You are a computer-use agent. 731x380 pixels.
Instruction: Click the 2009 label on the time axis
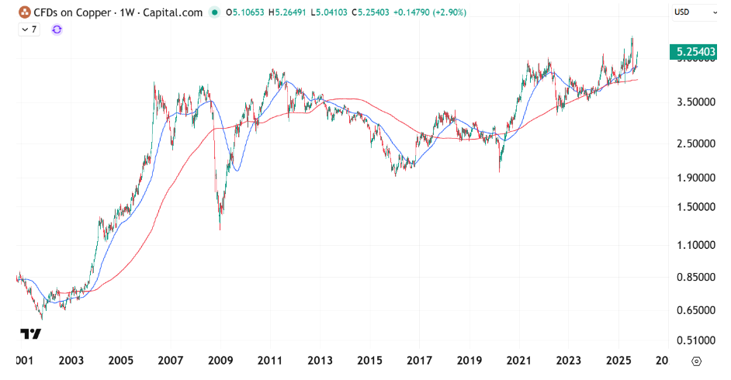pyautogui.click(x=221, y=361)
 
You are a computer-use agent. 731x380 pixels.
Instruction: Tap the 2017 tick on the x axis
pyautogui.click(x=419, y=361)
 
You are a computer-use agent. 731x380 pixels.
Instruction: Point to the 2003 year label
pyautogui.click(x=71, y=361)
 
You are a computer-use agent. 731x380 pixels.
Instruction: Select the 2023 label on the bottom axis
pyautogui.click(x=568, y=361)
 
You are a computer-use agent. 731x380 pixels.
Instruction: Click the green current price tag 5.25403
pyautogui.click(x=695, y=52)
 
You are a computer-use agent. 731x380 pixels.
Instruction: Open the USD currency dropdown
pyautogui.click(x=695, y=12)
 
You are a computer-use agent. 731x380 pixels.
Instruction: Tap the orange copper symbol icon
pyautogui.click(x=25, y=12)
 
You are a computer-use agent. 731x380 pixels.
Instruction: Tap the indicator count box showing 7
pyautogui.click(x=30, y=29)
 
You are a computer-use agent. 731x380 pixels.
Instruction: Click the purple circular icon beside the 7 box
pyautogui.click(x=57, y=29)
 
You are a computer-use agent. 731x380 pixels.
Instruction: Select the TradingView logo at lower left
pyautogui.click(x=30, y=334)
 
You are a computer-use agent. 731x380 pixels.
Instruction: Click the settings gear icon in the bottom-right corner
pyautogui.click(x=695, y=361)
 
